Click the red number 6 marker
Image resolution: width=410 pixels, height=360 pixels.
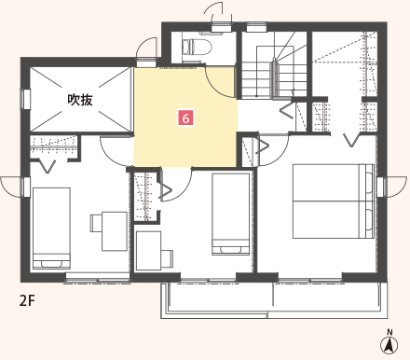pyautogui.click(x=185, y=118)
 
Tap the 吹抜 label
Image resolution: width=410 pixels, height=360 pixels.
pyautogui.click(x=80, y=100)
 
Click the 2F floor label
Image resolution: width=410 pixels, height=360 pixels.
pyautogui.click(x=27, y=300)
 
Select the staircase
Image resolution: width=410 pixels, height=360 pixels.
pyautogui.click(x=274, y=72)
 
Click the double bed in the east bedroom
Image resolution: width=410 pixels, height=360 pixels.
pyautogui.click(x=334, y=201)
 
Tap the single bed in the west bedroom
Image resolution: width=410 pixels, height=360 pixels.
pyautogui.click(x=51, y=228)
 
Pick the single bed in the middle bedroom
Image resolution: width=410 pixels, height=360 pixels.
pyautogui.click(x=231, y=215)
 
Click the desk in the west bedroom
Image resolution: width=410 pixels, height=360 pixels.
pyautogui.click(x=115, y=231)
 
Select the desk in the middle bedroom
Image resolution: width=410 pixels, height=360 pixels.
pyautogui.click(x=149, y=251)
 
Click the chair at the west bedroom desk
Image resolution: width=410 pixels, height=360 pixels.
pyautogui.click(x=96, y=223)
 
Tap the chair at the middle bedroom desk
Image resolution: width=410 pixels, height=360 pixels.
pyautogui.click(x=167, y=258)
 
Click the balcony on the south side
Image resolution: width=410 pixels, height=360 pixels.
pyautogui.click(x=274, y=300)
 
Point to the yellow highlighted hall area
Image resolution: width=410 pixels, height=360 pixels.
pyautogui.click(x=185, y=118)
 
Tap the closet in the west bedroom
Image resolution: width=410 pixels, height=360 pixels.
pyautogui.click(x=53, y=146)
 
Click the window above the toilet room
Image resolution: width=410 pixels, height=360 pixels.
pyautogui.click(x=221, y=26)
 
